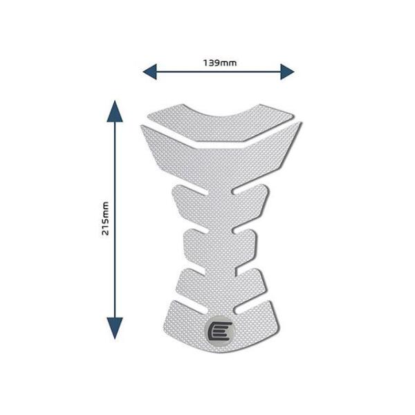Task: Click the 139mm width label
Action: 220,63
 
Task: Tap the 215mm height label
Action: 105,219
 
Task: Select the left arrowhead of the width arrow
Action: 150,71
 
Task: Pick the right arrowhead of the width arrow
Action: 288,71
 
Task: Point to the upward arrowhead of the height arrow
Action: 115,111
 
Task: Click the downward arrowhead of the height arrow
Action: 115,328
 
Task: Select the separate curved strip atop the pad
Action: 220,122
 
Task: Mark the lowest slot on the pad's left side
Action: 191,306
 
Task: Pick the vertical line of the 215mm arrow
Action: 115,220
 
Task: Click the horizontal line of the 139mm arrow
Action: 219,71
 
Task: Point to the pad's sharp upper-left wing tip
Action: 142,127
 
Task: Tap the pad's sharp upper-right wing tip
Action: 301,123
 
